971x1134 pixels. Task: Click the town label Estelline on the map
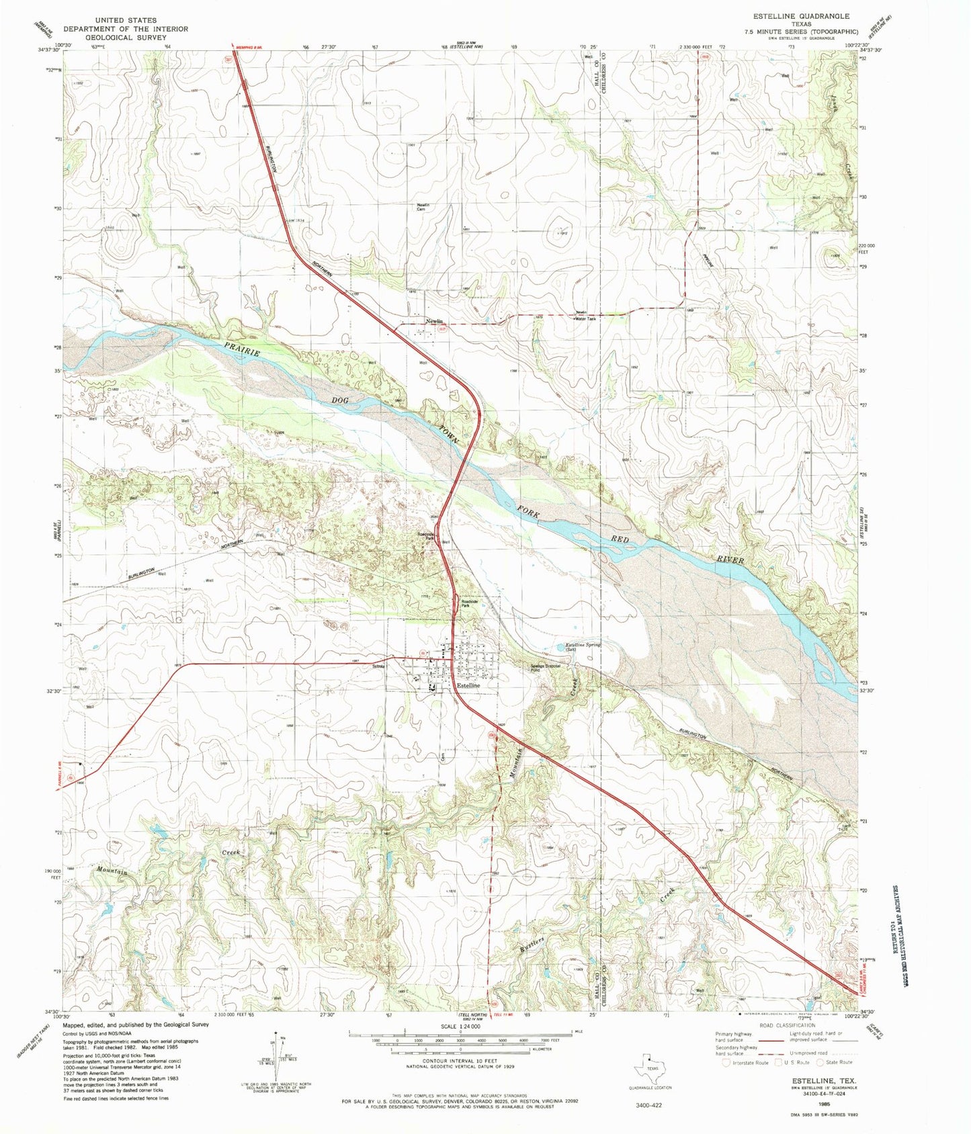(x=468, y=686)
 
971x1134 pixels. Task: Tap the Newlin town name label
(x=434, y=322)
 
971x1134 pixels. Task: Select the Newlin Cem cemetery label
(x=423, y=207)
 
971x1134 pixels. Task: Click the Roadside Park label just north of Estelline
(x=468, y=603)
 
